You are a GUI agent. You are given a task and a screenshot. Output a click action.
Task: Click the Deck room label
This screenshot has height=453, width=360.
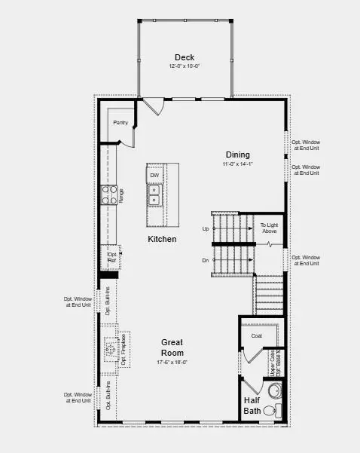tap(185, 57)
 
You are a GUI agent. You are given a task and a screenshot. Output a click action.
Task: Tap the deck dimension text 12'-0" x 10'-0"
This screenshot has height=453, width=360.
tap(185, 66)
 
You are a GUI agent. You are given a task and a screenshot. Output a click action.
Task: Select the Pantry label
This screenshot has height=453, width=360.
tap(120, 122)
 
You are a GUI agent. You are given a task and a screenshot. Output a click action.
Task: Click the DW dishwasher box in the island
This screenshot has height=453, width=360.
tap(154, 176)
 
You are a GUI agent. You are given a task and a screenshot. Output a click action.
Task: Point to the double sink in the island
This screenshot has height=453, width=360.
tap(154, 195)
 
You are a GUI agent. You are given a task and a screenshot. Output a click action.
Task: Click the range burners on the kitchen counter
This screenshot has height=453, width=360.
tap(108, 195)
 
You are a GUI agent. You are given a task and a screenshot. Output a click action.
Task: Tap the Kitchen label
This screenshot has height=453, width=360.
tap(162, 239)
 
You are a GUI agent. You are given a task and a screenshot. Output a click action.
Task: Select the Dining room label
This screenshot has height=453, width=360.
tap(237, 155)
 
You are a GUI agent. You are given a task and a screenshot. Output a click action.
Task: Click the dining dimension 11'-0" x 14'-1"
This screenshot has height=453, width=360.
tap(237, 164)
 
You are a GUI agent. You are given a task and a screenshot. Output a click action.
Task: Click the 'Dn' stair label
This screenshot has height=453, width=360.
tap(206, 261)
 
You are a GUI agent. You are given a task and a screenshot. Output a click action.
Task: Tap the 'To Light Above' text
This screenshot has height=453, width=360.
tap(269, 228)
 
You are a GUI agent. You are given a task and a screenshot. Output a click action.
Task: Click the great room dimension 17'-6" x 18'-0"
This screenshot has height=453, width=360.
tap(172, 362)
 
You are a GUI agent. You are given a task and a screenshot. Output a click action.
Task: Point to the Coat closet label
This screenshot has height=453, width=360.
tap(256, 335)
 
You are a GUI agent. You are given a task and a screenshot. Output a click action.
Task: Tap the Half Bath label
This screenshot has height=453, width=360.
tap(252, 406)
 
